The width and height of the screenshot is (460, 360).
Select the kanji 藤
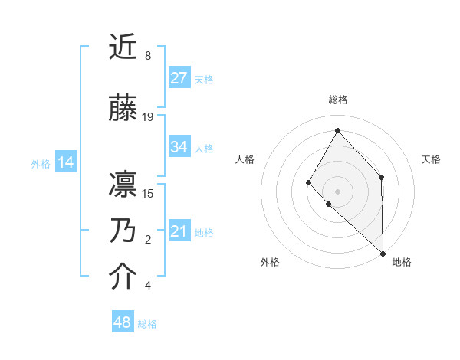123,109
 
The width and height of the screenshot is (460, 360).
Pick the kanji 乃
123,231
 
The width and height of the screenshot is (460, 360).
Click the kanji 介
123,277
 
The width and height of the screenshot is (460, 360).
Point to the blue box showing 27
179,78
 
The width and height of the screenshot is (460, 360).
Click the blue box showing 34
179,147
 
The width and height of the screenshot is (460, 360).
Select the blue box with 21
179,231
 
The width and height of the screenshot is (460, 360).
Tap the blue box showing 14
66,162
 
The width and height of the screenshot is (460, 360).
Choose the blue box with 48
123,322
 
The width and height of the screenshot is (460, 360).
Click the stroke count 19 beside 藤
148,117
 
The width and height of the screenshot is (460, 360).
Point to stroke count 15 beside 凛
148,193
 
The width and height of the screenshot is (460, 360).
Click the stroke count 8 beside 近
148,56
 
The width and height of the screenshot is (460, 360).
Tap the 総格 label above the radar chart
337,100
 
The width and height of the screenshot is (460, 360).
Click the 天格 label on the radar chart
431,159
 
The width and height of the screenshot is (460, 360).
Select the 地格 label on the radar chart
402,262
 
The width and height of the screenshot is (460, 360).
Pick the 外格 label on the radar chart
270,262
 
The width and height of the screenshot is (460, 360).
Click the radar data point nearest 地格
382,253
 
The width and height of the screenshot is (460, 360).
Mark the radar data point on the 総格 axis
337,129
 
